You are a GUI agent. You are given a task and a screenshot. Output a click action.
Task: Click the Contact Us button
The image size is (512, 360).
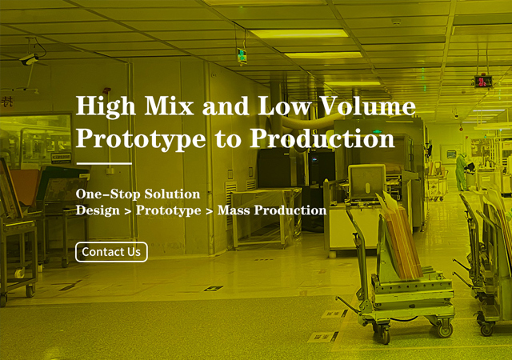(111, 252)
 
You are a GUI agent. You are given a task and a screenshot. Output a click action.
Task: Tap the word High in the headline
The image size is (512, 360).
(106, 106)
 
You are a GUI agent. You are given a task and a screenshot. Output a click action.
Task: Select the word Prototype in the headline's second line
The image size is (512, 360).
(141, 139)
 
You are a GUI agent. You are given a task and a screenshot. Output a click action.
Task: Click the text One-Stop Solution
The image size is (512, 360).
(138, 194)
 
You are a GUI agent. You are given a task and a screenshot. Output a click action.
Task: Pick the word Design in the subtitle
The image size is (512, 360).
(98, 210)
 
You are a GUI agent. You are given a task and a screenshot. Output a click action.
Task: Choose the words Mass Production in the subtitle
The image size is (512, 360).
(272, 210)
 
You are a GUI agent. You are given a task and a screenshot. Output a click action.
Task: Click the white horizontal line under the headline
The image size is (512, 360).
(104, 163)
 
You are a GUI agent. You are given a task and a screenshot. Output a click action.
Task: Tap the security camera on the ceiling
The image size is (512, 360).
(30, 59)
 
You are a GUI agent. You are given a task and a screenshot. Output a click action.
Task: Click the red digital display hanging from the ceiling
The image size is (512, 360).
(483, 82)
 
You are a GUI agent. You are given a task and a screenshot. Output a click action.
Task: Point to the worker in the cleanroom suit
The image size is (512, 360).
(462, 171)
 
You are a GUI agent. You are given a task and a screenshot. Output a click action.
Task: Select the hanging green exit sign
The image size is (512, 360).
(242, 55)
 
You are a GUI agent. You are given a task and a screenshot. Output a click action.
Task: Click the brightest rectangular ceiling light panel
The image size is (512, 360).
(298, 34)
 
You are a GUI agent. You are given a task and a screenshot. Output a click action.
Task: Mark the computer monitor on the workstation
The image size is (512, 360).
(366, 182)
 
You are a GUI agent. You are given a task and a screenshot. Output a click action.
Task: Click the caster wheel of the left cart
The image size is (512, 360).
(30, 290)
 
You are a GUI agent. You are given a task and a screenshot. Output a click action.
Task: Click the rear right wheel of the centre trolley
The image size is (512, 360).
(445, 330)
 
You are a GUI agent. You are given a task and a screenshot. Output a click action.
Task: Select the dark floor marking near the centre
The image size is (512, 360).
(214, 288)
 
